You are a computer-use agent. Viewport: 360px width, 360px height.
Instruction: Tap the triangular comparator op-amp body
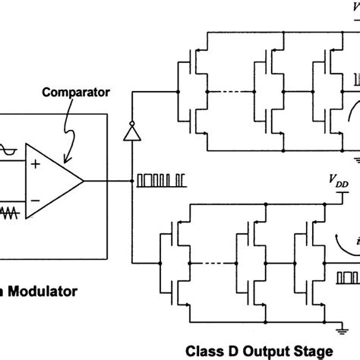53,182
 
